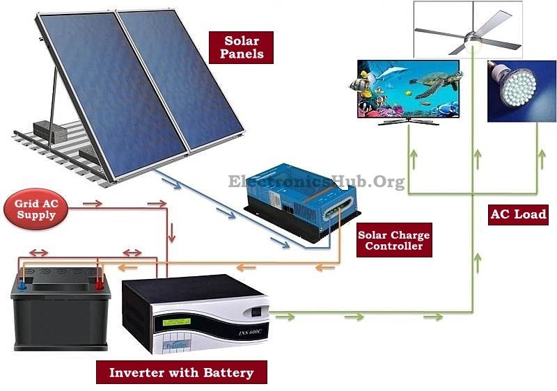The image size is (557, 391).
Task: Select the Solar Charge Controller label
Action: click(x=393, y=240)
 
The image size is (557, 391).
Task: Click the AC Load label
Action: click(x=518, y=214)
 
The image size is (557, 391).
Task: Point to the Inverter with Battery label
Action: click(x=181, y=372)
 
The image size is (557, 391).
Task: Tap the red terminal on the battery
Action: click(x=99, y=283)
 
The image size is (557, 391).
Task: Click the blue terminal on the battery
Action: click(x=24, y=284)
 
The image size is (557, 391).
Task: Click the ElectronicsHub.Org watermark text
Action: click(x=317, y=182)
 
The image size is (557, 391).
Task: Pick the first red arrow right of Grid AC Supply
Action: click(x=93, y=204)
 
